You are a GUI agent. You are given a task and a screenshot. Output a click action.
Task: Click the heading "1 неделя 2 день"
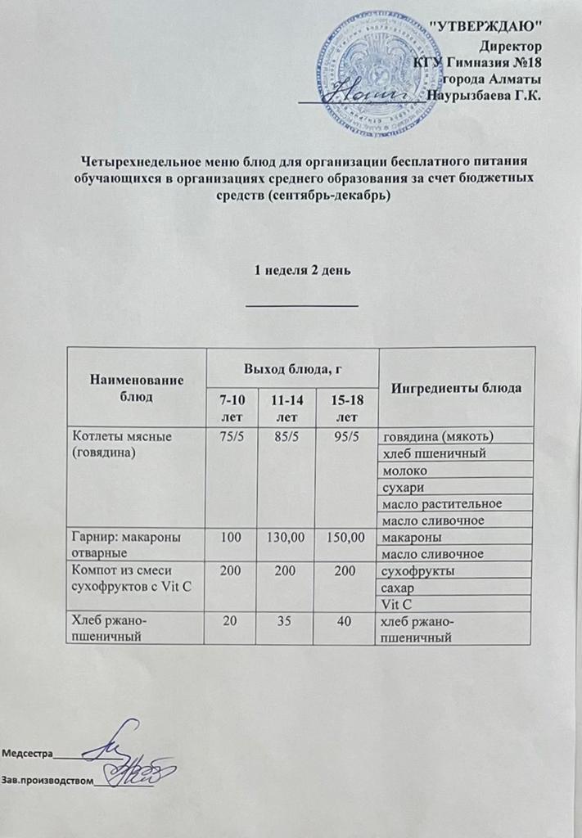click(303, 271)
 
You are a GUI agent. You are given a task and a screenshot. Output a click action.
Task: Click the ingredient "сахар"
click(399, 588)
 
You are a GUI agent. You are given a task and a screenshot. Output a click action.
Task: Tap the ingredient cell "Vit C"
click(396, 605)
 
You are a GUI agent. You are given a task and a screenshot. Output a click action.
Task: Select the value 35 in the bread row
click(286, 622)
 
